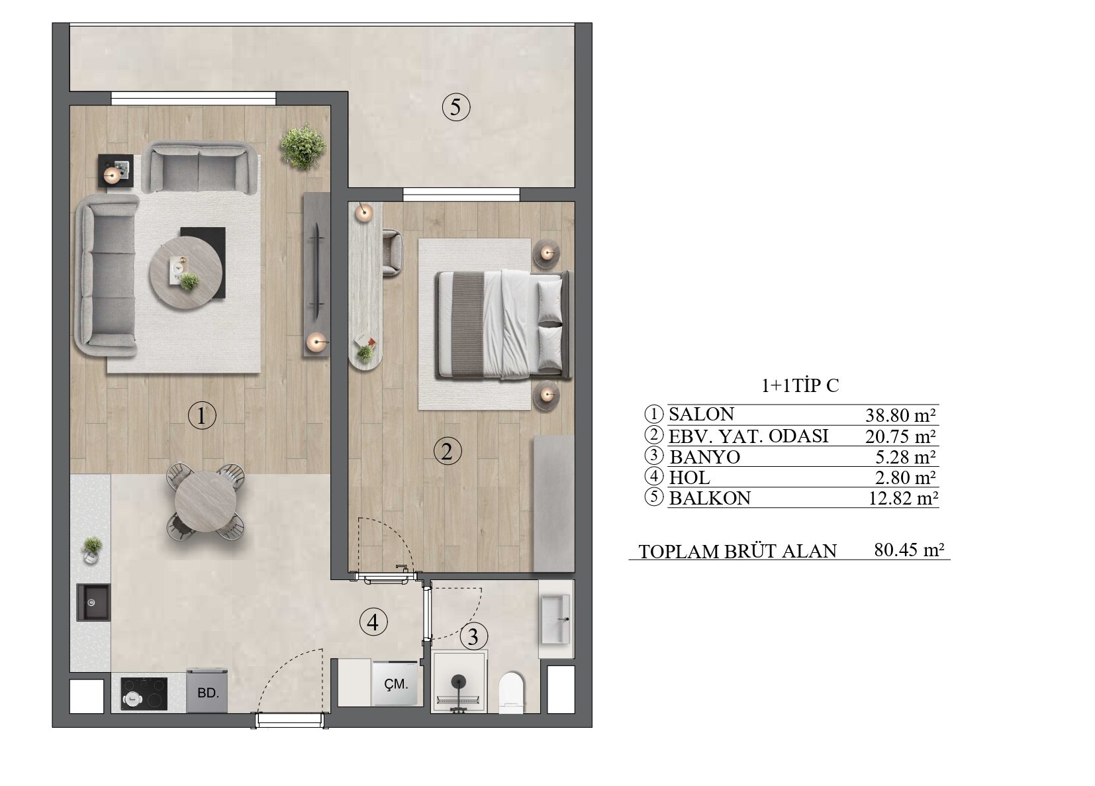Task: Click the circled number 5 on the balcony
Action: [455, 107]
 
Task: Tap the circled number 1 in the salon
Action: [202, 416]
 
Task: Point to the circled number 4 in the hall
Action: [373, 622]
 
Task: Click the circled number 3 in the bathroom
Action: [473, 636]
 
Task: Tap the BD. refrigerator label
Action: [209, 693]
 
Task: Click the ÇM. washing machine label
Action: [396, 684]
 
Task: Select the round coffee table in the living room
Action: [186, 273]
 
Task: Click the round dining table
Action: [205, 502]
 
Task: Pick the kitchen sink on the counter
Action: [93, 603]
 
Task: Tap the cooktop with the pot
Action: [144, 693]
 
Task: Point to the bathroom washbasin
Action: [555, 619]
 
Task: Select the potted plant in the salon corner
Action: [303, 146]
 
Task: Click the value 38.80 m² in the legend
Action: [900, 415]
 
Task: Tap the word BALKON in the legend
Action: [710, 498]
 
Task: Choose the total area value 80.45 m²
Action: [909, 550]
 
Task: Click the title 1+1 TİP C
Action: [800, 385]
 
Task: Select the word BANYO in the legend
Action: [704, 457]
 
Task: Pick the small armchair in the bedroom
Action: [393, 252]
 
